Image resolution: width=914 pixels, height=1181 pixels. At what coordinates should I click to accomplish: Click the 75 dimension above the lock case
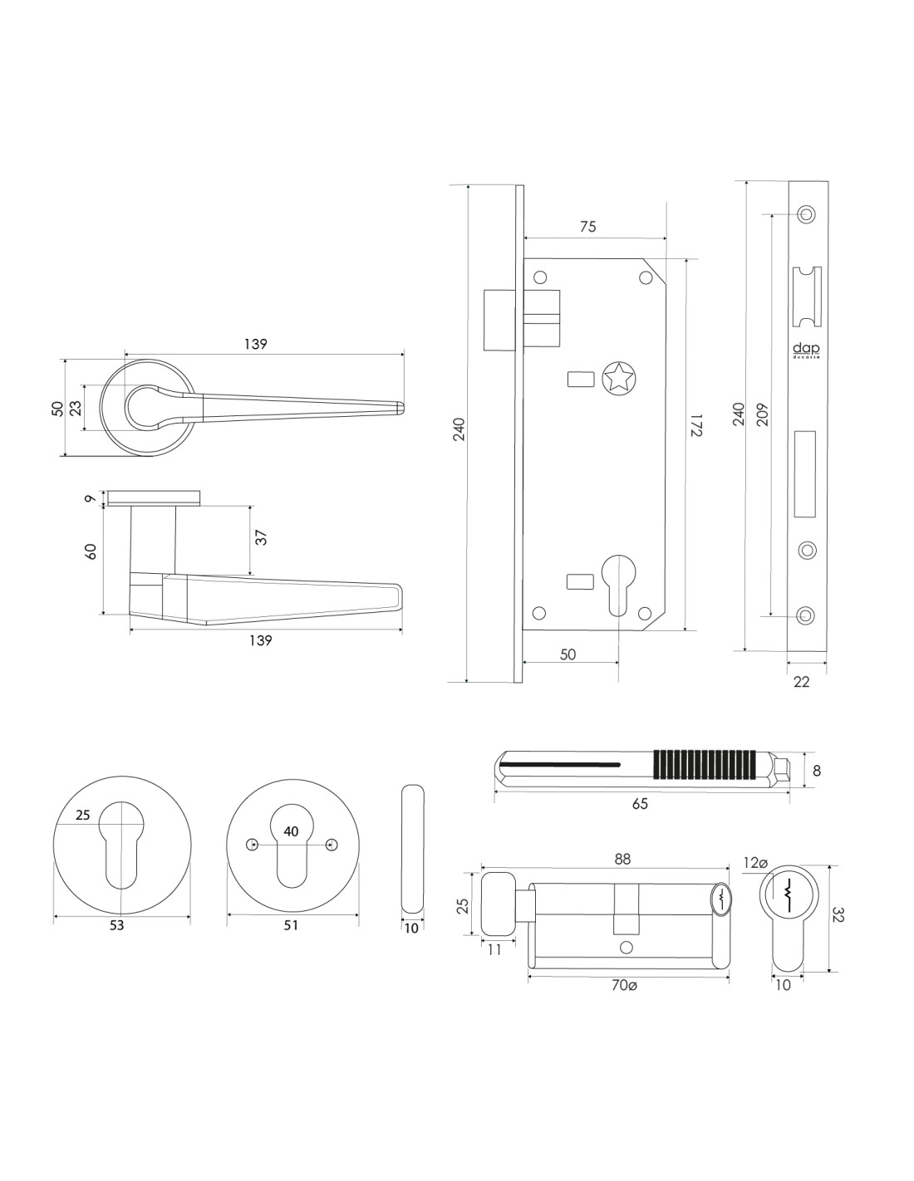pyautogui.click(x=587, y=227)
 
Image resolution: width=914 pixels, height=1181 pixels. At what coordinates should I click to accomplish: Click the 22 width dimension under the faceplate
pyautogui.click(x=801, y=682)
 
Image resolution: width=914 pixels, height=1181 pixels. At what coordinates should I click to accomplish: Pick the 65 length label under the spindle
pyautogui.click(x=639, y=803)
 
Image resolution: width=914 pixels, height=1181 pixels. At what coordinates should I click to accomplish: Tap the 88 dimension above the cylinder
pyautogui.click(x=622, y=860)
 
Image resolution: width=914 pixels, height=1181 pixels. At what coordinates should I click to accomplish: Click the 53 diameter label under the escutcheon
pyautogui.click(x=116, y=925)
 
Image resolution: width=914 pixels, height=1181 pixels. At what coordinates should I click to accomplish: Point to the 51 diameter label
pyautogui.click(x=290, y=925)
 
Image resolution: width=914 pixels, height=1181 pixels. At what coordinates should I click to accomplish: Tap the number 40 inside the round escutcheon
pyautogui.click(x=291, y=831)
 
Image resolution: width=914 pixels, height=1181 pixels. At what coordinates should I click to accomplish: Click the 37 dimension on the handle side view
pyautogui.click(x=261, y=537)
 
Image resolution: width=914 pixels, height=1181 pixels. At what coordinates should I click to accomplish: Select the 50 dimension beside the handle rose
pyautogui.click(x=57, y=408)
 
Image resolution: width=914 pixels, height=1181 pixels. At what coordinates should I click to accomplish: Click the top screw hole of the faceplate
pyautogui.click(x=804, y=213)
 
